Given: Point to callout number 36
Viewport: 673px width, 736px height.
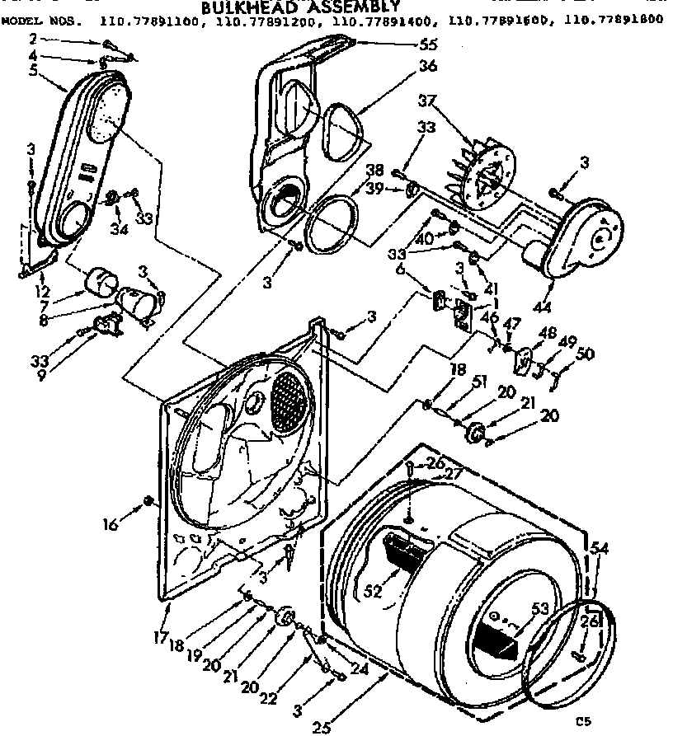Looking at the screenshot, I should (427, 67).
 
